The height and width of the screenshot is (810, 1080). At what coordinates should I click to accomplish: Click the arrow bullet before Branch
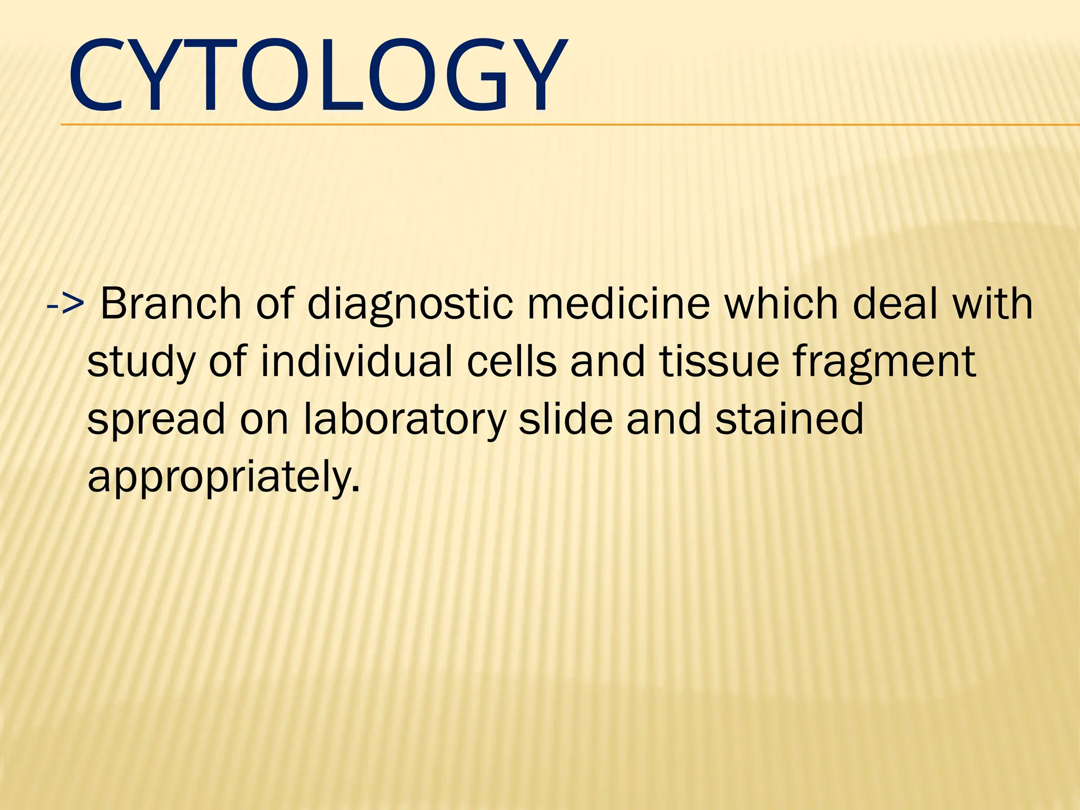pos(65,304)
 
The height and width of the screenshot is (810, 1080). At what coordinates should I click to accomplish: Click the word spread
pos(156,420)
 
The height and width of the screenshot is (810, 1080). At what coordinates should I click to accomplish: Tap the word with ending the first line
pos(993,304)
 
